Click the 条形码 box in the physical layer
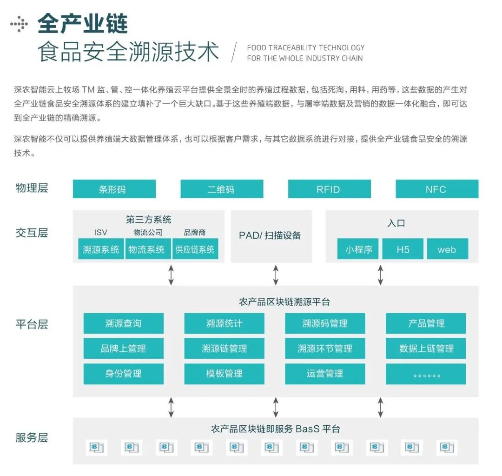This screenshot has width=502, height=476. [x=114, y=189]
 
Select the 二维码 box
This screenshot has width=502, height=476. [x=221, y=189]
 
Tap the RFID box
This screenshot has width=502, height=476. [x=329, y=189]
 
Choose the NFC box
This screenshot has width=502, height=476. [x=436, y=189]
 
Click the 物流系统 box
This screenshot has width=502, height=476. [x=147, y=249]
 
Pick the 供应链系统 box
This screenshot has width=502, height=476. [x=195, y=249]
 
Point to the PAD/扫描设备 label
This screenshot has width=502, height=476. [x=270, y=235]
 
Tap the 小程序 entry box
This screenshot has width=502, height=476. [x=358, y=249]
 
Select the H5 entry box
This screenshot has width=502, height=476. [x=403, y=249]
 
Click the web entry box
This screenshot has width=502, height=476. [x=447, y=249]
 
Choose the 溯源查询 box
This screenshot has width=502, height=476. [x=123, y=323]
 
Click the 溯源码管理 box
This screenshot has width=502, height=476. [x=325, y=323]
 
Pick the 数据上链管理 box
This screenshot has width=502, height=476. [x=426, y=349]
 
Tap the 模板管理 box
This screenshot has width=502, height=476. [x=224, y=374]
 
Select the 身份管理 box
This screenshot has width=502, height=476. [x=123, y=374]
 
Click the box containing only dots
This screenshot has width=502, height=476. [x=426, y=374]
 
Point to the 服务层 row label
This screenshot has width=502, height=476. [x=32, y=437]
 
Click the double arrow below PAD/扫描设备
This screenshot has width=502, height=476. [x=276, y=275]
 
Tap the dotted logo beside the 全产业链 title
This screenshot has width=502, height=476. [x=19, y=23]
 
